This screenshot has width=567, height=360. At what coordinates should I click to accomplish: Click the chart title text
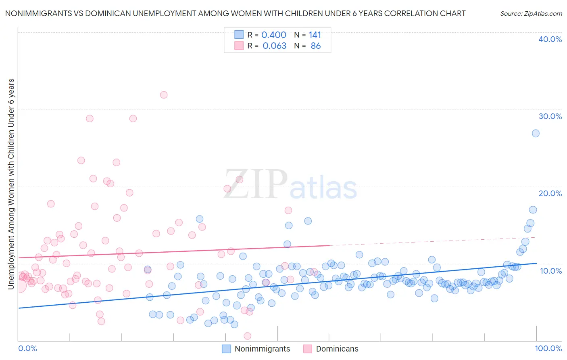click(235, 13)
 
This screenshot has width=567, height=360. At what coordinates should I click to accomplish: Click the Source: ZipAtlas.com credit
click(531, 13)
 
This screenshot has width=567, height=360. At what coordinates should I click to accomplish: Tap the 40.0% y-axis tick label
click(550, 39)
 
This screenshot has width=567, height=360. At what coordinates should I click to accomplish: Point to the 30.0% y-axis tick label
click(550, 116)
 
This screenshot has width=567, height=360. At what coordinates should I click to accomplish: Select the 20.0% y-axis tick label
click(550, 193)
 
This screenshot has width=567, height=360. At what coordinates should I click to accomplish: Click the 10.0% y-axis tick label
click(551, 270)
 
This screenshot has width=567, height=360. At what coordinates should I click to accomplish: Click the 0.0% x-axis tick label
click(27, 348)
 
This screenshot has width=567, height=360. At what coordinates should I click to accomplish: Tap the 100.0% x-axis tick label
click(548, 348)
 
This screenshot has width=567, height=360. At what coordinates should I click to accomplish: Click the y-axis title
click(11, 184)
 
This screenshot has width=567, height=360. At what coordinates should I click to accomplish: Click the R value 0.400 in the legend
click(274, 35)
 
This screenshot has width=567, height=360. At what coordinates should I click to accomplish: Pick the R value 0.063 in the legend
click(274, 46)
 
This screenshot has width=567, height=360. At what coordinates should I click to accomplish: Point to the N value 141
click(315, 35)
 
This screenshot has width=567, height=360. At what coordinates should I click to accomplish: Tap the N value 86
click(316, 46)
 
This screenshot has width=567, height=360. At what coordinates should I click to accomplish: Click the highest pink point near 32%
click(164, 95)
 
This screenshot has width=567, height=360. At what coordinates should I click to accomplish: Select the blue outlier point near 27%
click(536, 133)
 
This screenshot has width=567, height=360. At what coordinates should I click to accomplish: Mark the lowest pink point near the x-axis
click(248, 336)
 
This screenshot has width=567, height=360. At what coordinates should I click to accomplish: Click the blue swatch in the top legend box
click(239, 35)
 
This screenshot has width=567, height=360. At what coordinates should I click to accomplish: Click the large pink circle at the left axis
click(19, 286)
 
